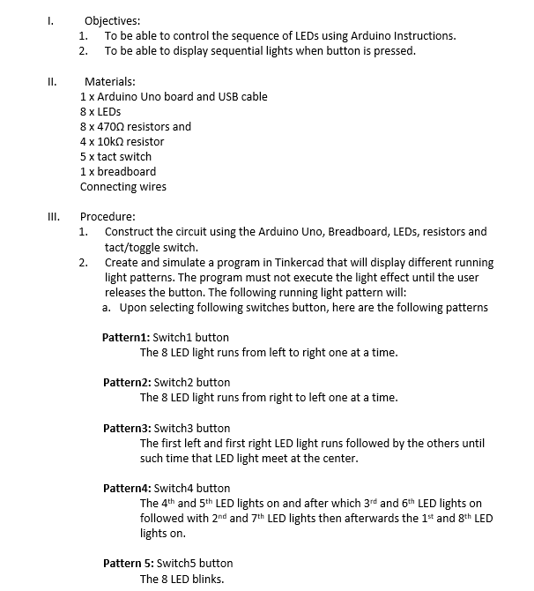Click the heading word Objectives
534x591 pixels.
(x=112, y=20)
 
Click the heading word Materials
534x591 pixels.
(x=109, y=81)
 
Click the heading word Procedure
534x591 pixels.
(x=108, y=216)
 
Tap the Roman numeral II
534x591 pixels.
(x=52, y=81)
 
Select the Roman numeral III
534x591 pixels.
(x=53, y=216)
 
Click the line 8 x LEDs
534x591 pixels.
(x=100, y=111)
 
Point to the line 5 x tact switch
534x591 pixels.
(x=115, y=156)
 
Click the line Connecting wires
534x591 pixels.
(x=122, y=186)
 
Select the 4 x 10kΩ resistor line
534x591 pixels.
(x=122, y=141)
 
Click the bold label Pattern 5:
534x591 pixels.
(x=129, y=563)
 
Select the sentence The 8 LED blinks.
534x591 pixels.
(x=182, y=579)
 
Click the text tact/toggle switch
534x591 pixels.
(x=151, y=247)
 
